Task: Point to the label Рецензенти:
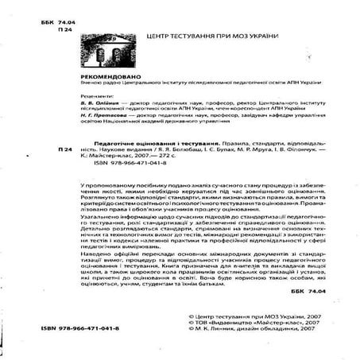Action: (95, 95)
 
